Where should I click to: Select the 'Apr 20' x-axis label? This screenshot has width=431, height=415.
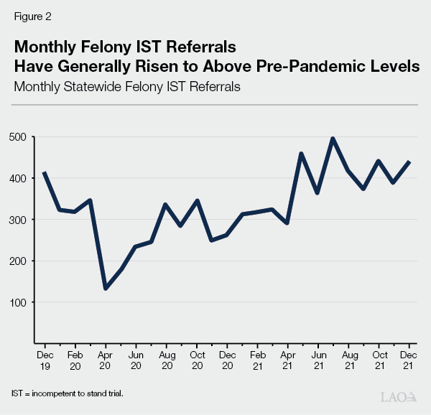point(106,360)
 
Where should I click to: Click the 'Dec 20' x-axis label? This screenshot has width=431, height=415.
point(227,360)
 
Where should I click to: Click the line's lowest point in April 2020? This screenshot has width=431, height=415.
point(106,289)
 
